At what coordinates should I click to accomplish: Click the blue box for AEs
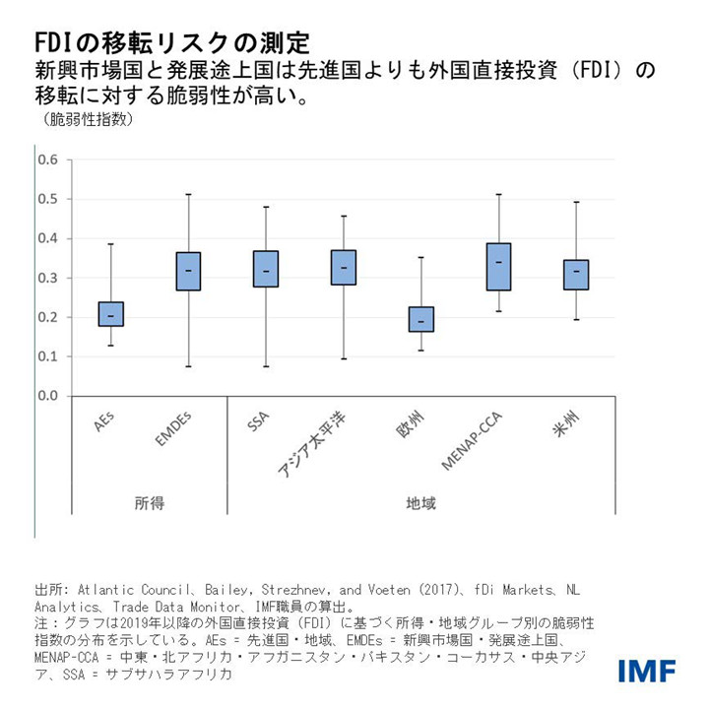pyautogui.click(x=110, y=314)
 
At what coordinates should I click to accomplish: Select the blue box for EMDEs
pyautogui.click(x=188, y=271)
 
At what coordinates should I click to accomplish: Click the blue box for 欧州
pyautogui.click(x=421, y=319)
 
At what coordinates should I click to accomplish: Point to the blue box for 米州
pyautogui.click(x=576, y=275)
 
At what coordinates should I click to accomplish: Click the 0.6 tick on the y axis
pyautogui.click(x=48, y=160)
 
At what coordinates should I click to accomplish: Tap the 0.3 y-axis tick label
pyautogui.click(x=48, y=278)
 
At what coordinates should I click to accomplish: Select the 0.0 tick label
pyautogui.click(x=48, y=396)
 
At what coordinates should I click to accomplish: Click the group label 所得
pyautogui.click(x=149, y=502)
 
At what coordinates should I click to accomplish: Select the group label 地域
pyautogui.click(x=420, y=502)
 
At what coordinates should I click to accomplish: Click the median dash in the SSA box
pyautogui.click(x=266, y=271)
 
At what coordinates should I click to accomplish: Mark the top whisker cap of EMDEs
pyautogui.click(x=188, y=195)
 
